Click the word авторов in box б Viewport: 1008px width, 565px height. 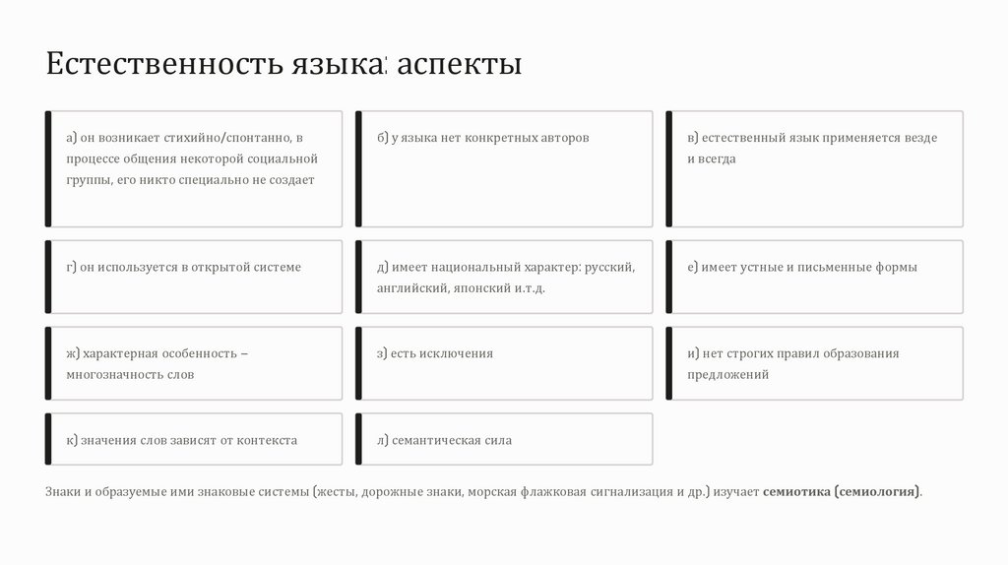pos(565,138)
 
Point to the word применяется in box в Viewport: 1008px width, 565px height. pos(849,138)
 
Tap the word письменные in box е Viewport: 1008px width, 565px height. pos(830,267)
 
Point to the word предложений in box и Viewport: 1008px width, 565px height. pos(728,375)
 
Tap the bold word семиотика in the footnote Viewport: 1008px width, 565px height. pos(796,490)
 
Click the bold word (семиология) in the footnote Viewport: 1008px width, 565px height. pos(878,490)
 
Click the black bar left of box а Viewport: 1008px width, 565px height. pos(48,169)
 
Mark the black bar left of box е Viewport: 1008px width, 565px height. pos(669,277)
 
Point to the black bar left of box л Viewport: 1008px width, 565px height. pos(358,439)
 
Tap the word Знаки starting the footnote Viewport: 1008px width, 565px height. pos(64,490)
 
